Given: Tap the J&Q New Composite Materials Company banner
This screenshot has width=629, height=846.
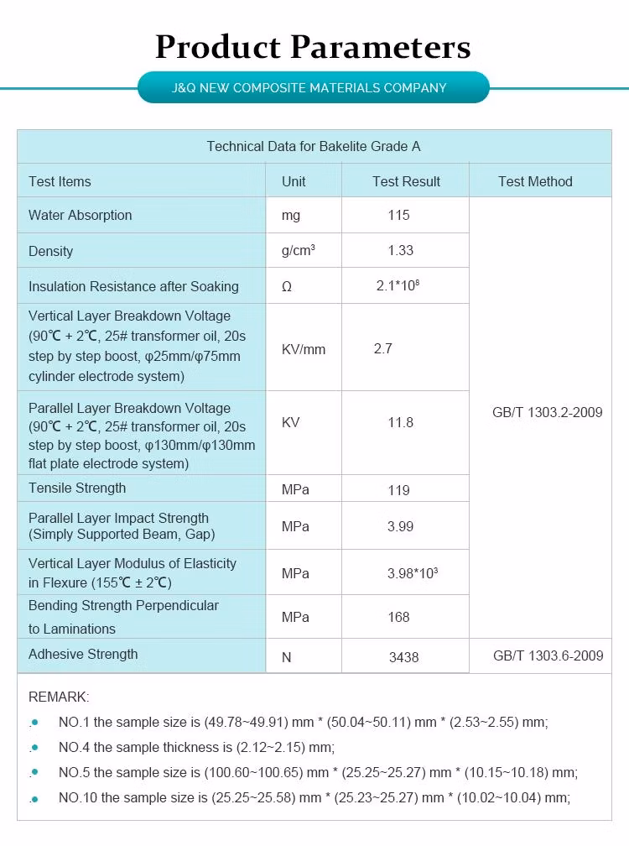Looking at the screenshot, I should (x=313, y=87).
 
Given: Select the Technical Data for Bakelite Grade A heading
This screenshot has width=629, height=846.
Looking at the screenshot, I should (x=314, y=147).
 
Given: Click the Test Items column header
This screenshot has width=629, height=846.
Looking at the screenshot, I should (x=60, y=181).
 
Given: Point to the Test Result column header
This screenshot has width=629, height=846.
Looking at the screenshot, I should (x=406, y=181).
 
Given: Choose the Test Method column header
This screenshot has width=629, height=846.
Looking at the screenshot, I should (x=535, y=181).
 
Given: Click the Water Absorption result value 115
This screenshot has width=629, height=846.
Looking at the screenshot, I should (x=399, y=216).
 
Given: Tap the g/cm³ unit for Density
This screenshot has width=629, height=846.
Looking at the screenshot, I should (x=299, y=251).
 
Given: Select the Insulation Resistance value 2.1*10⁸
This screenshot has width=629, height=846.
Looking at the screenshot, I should (x=398, y=286).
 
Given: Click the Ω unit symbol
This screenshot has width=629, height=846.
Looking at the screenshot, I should (x=287, y=287).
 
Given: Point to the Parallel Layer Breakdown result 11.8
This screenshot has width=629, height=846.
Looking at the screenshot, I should (x=400, y=423).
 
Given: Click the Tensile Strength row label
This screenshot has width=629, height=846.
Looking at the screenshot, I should (x=77, y=488).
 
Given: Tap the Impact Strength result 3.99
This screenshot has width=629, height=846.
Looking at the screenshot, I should (x=400, y=527).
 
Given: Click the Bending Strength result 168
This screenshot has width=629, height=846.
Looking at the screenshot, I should (x=399, y=618).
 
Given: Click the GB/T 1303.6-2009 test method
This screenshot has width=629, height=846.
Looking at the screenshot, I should (x=548, y=656).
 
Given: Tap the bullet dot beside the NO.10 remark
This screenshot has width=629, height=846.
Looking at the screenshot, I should (x=35, y=798).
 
